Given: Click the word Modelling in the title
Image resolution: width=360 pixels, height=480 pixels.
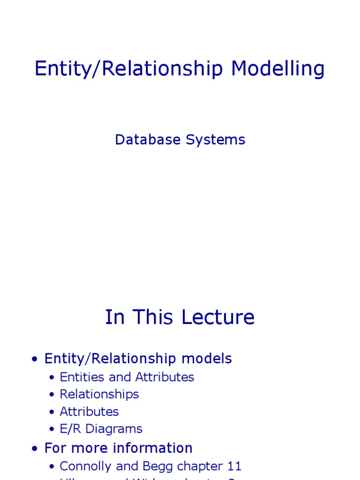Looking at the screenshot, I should click(x=277, y=69).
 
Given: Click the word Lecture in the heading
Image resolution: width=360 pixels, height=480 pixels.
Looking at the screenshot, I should click(x=218, y=317).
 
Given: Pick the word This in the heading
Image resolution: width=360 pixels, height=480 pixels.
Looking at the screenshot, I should click(x=154, y=317).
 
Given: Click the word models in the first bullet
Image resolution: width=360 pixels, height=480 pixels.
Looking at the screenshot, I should click(x=207, y=359).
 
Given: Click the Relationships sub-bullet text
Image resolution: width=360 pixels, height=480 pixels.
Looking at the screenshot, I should click(x=99, y=394).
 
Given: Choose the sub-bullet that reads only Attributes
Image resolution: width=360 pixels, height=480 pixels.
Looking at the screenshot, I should click(x=89, y=412).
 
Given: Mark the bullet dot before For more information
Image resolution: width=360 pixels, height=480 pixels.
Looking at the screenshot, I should click(x=35, y=449).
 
